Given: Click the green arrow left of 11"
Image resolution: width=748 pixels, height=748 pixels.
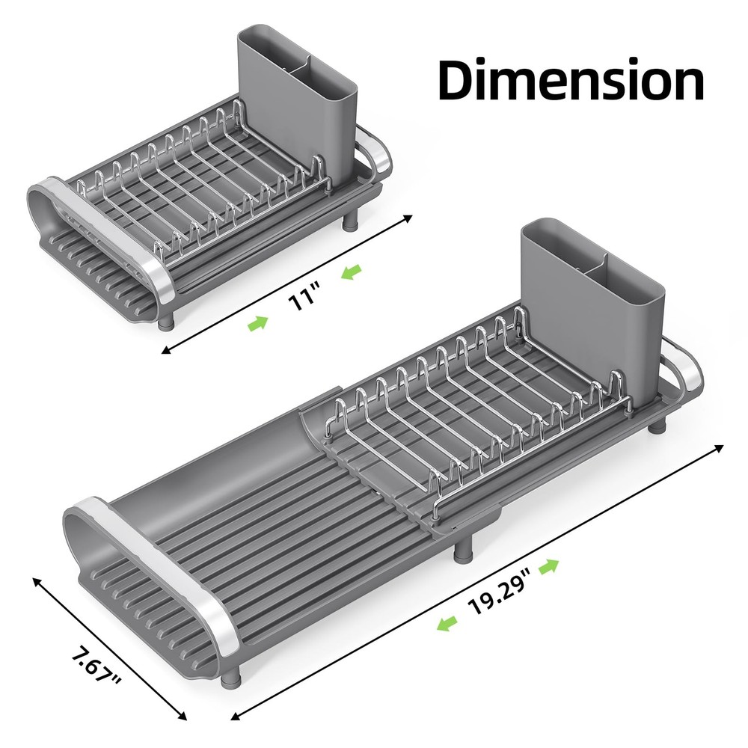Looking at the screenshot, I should tap(258, 323).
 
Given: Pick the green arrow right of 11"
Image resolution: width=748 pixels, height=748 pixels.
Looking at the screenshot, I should tap(350, 275).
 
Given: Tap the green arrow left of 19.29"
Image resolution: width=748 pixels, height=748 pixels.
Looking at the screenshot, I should tap(447, 623).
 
